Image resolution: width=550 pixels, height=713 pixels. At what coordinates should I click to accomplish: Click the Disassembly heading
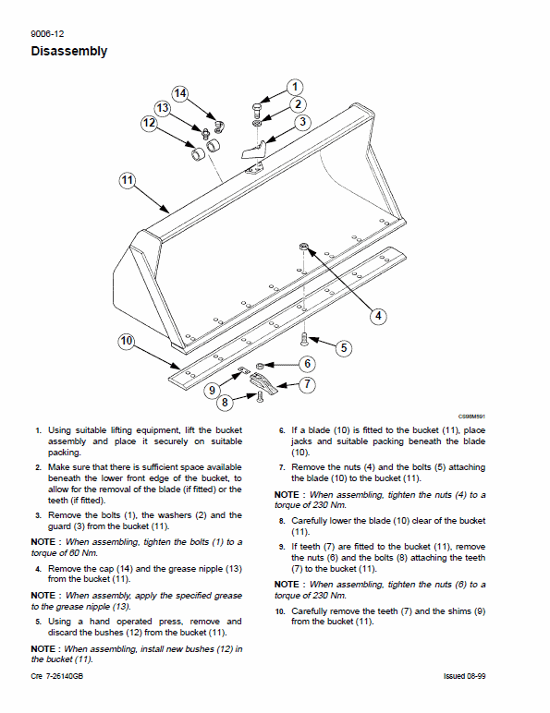click(68, 52)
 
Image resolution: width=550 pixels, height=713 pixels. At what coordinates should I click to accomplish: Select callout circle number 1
click(294, 88)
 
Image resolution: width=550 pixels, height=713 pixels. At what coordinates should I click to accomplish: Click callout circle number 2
click(298, 104)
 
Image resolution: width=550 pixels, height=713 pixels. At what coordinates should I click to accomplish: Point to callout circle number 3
click(302, 122)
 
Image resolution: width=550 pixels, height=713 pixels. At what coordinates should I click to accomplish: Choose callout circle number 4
click(378, 316)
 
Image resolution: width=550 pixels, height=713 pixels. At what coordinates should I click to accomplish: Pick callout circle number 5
click(343, 348)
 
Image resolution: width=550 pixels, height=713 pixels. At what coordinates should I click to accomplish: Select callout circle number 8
click(225, 402)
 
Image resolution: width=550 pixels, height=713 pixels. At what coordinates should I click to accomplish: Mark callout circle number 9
click(212, 390)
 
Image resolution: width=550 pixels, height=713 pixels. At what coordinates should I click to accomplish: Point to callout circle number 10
click(127, 342)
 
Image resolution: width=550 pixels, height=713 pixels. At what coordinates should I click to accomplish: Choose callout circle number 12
click(149, 122)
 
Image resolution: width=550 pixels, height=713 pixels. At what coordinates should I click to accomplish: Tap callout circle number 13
click(162, 108)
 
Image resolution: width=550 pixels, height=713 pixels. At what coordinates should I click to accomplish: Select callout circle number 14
click(179, 93)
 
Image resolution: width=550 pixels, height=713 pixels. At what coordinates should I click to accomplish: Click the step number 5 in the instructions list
click(38, 622)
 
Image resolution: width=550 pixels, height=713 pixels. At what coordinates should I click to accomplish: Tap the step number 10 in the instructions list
click(280, 611)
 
